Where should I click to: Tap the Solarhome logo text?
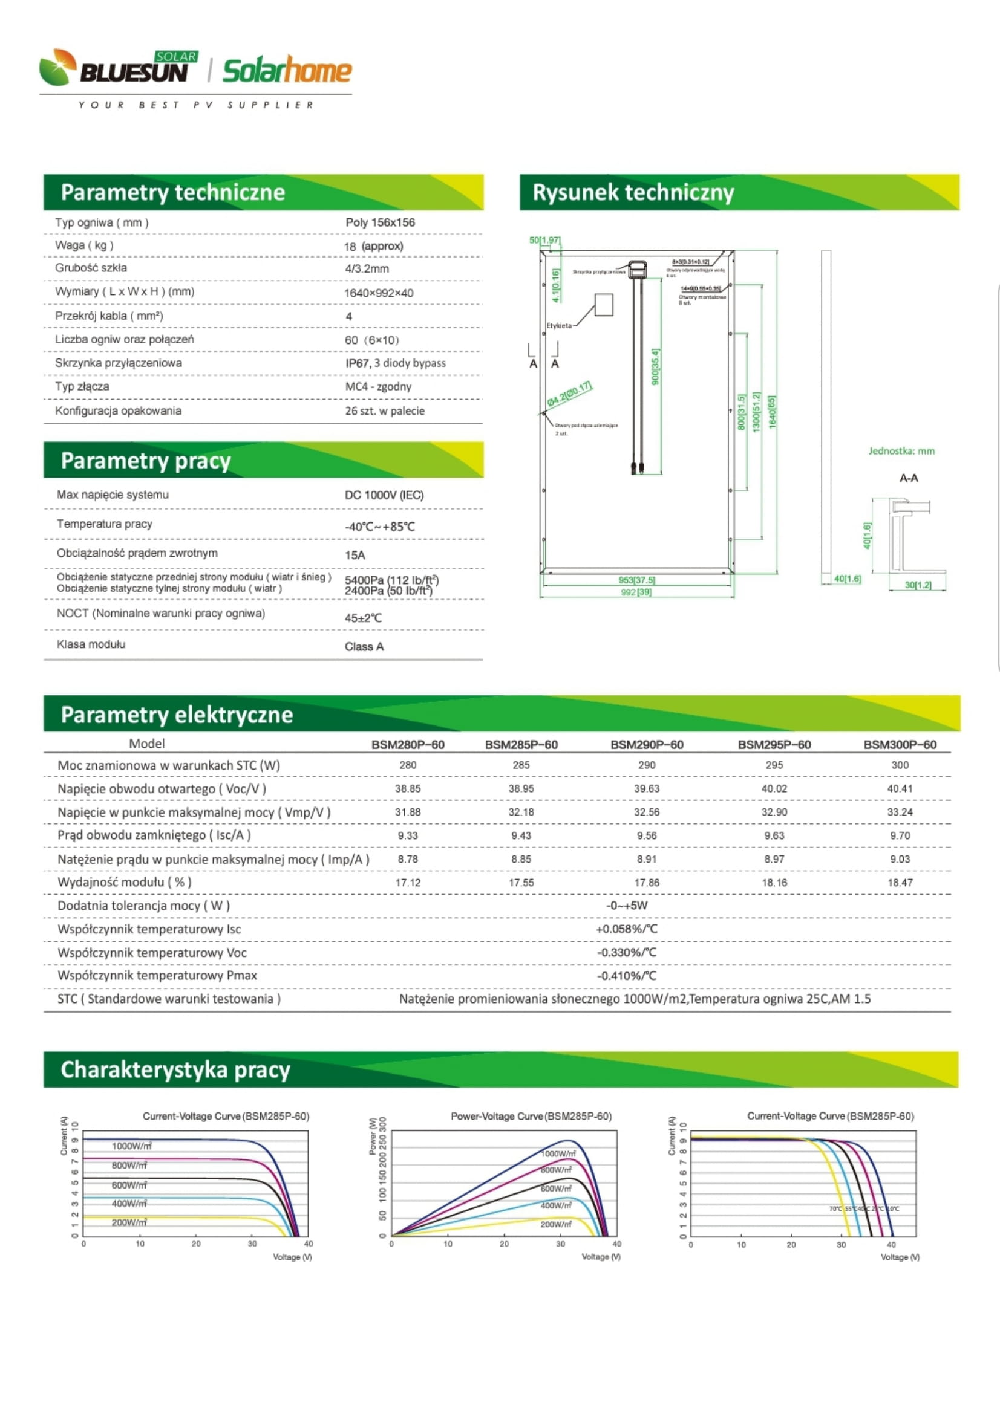(287, 71)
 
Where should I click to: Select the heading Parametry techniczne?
(172, 192)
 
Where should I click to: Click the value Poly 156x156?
(379, 222)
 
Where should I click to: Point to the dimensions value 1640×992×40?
(378, 293)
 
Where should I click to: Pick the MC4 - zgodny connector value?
(377, 387)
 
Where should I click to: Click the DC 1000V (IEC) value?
(384, 495)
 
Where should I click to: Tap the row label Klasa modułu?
(91, 644)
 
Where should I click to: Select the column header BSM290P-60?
(646, 745)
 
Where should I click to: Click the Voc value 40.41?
(900, 788)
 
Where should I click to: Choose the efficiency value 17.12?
(407, 883)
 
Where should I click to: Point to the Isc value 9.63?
(774, 835)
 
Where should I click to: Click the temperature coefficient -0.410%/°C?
(626, 976)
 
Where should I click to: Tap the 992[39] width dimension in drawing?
(636, 592)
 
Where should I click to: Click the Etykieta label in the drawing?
(559, 326)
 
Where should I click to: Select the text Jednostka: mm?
(901, 451)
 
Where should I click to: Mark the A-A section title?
(908, 478)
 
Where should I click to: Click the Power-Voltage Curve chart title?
(531, 1116)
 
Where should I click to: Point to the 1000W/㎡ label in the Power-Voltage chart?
(558, 1153)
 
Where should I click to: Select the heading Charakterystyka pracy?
(175, 1070)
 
